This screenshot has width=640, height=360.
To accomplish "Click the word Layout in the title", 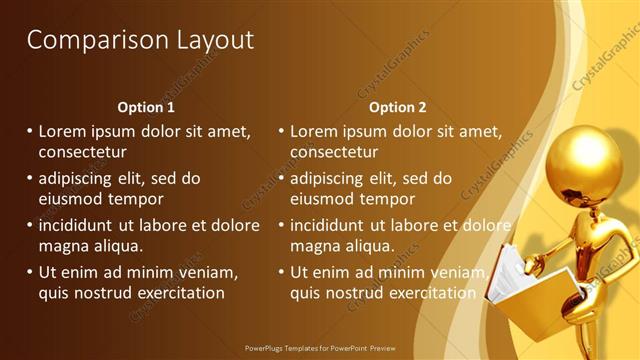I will point(211,40).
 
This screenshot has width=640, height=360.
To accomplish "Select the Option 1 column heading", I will point(146,107).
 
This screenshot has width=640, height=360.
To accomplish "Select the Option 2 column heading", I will point(397,107).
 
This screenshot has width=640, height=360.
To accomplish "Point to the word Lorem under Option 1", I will point(63,131).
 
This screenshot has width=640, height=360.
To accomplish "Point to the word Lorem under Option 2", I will point(315,131).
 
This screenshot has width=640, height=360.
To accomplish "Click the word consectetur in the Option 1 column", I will point(83,153).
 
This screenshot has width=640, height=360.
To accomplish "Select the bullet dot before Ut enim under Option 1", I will point(29,272).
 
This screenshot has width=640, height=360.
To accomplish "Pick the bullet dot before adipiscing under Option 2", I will point(281,179).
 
